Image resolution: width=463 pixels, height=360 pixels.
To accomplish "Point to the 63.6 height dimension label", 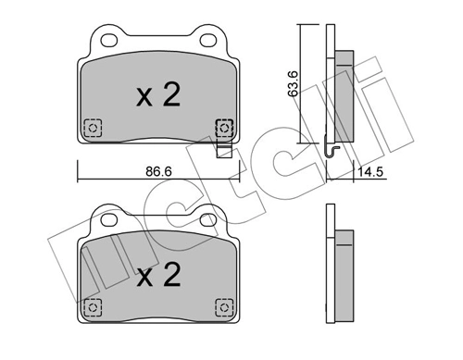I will pos(293,82).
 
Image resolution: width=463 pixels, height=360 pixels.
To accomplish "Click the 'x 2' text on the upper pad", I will pos(156,95).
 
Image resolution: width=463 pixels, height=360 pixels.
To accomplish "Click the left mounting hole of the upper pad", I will pos(107,40).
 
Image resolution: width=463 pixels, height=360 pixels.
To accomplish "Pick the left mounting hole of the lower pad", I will pos(107,222).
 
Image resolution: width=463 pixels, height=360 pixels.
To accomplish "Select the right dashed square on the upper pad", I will pos(222,127).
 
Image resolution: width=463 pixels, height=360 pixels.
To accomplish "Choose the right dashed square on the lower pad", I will pos(222,307).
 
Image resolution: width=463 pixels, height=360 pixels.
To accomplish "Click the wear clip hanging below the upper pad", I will pos(222,148).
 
